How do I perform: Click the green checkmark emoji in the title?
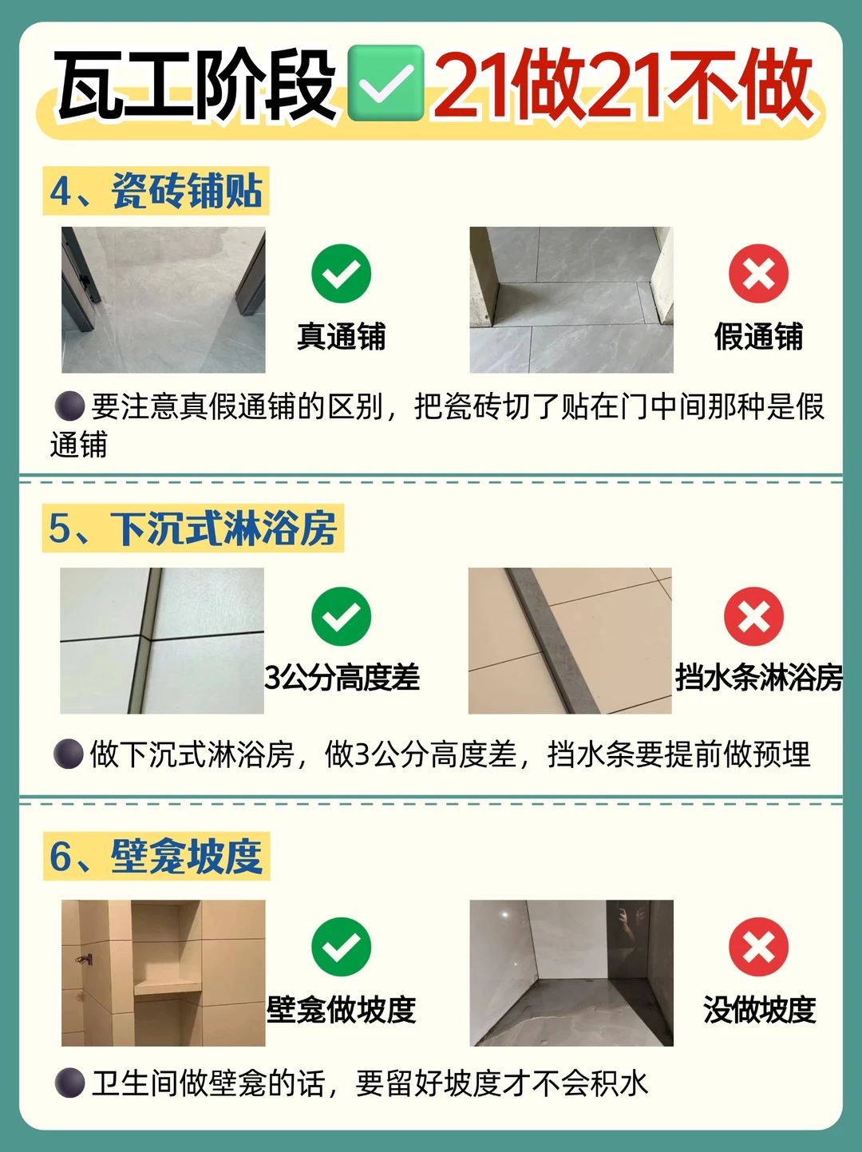point(386,83)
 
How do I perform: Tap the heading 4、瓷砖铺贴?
point(156,191)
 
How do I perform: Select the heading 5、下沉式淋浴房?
point(193,528)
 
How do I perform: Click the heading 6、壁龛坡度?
point(156,856)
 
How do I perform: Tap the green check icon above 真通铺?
point(341,274)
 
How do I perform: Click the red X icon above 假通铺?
point(758,274)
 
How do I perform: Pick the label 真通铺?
point(342,336)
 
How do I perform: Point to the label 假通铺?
point(759,336)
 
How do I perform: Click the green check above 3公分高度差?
point(341,616)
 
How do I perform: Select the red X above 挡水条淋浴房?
point(754,616)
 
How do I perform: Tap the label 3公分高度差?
point(342,677)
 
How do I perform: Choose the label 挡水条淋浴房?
point(759,677)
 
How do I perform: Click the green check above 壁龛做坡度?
point(341,947)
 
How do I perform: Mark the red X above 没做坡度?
point(758,947)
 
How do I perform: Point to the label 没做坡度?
point(759,1009)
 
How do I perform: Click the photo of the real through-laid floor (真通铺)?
point(163,299)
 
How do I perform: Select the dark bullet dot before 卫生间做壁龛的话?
point(69,1083)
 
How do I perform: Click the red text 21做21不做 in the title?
point(623,84)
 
